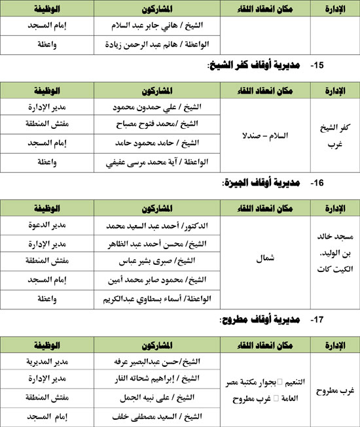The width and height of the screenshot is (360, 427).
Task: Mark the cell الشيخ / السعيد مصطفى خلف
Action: coord(158,415)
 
